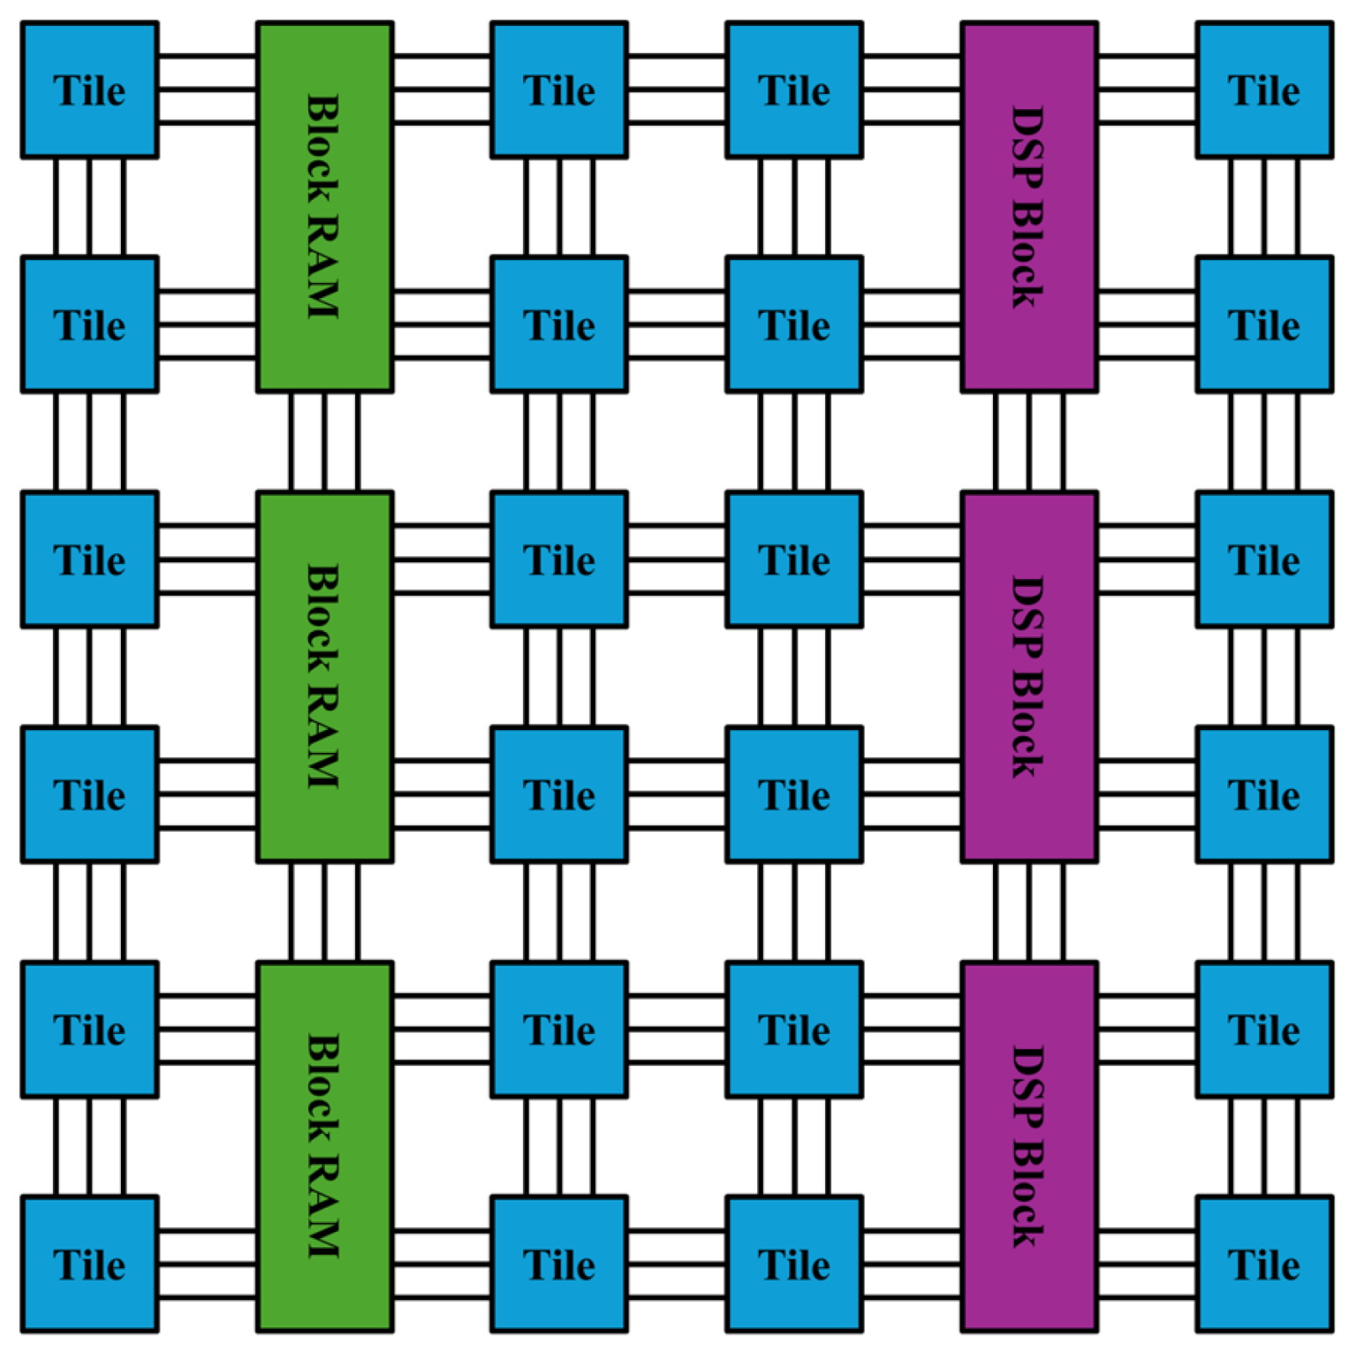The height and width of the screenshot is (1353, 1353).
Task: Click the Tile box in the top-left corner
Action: coord(90,90)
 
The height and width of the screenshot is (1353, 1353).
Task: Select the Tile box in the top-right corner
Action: coord(1264,90)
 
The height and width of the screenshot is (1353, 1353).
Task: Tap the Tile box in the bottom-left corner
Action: coord(90,1264)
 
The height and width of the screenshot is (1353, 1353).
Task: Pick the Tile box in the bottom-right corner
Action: coord(1264,1264)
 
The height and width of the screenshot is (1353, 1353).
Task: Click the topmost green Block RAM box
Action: coord(325,206)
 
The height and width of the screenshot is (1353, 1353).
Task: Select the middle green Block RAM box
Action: coord(325,676)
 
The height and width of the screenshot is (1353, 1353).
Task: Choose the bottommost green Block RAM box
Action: coord(325,1147)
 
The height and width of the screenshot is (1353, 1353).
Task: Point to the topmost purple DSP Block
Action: coord(1029,206)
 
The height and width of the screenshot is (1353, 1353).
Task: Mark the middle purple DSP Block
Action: coord(1029,676)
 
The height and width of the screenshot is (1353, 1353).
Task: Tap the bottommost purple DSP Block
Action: coord(1029,1147)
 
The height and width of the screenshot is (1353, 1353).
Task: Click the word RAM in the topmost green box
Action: coord(323,267)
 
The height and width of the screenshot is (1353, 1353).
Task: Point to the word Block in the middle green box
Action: coord(323,619)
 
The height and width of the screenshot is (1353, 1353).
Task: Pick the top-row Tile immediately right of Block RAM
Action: coord(559,90)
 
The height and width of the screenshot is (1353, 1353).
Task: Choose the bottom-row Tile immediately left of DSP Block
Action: coord(794,1264)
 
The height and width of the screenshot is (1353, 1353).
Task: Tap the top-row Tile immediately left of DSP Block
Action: coord(794,90)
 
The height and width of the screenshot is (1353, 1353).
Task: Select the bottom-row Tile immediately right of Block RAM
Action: coord(559,1264)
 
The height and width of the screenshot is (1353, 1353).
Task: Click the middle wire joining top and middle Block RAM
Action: coord(325,441)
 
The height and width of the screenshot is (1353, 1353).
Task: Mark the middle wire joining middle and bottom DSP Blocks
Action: coord(1030,912)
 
